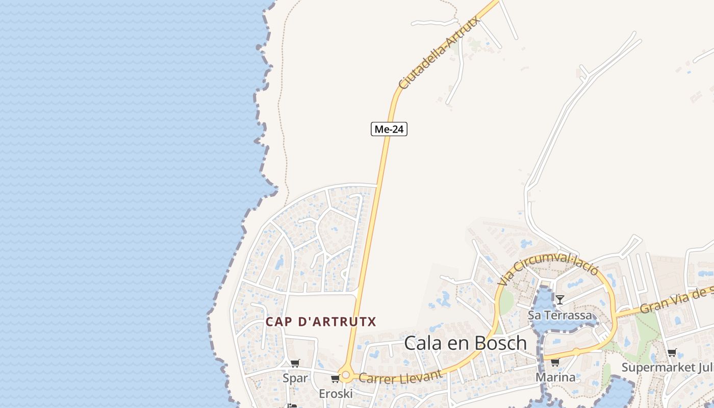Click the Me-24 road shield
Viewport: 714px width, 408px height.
tap(389, 129)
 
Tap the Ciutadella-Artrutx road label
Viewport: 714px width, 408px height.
tap(439, 53)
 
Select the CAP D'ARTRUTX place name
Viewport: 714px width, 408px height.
tap(321, 322)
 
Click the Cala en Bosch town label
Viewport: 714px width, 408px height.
tap(465, 343)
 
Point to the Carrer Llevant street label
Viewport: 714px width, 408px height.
tap(400, 376)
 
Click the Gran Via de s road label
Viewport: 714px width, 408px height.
tap(676, 300)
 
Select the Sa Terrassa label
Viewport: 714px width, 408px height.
tap(560, 315)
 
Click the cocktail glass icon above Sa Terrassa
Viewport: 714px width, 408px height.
tap(560, 300)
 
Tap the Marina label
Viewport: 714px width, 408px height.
tap(555, 377)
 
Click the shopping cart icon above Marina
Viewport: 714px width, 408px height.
tap(555, 363)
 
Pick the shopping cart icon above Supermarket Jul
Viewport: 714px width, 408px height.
tap(672, 353)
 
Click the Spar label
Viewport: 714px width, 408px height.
tap(295, 378)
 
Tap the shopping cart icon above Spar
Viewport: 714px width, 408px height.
tap(295, 364)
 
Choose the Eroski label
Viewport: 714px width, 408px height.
tap(336, 394)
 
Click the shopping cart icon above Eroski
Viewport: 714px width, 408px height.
tap(335, 379)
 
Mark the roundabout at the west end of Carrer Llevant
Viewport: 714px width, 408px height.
tap(346, 376)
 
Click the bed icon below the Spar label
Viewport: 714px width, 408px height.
tap(292, 406)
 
